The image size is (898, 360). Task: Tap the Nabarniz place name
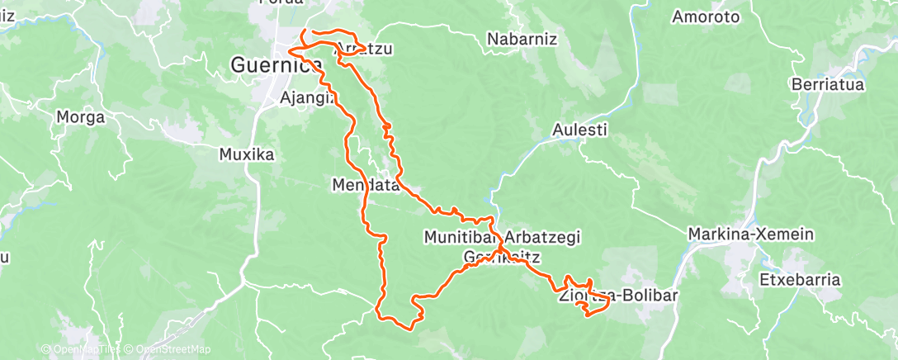click(522, 39)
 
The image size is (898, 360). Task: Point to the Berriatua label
click(826, 84)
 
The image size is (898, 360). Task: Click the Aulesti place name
click(579, 130)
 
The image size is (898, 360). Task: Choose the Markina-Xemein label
click(751, 234)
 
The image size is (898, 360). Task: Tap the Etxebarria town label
click(800, 280)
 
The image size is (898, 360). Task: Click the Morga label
click(80, 117)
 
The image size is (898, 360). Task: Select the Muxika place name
click(246, 154)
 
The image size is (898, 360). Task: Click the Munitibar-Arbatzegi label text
click(502, 237)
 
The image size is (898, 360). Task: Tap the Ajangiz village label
click(306, 97)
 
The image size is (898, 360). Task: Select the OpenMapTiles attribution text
click(81, 350)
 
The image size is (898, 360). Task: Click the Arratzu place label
click(364, 50)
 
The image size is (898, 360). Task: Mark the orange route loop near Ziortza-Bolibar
click(594, 307)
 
